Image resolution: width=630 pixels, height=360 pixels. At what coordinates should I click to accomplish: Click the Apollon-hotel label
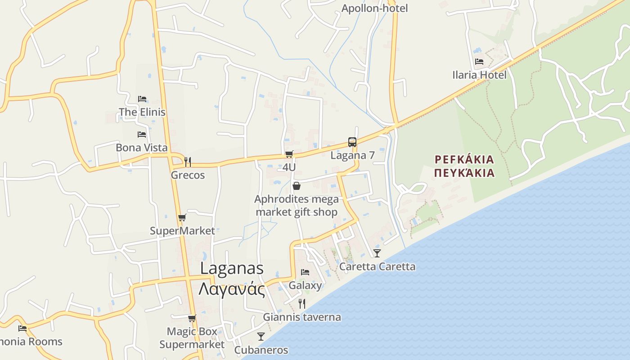click(374, 8)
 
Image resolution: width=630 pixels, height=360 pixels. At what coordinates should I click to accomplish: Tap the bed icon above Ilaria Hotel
click(479, 62)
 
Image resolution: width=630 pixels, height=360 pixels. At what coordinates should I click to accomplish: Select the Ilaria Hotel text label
click(479, 75)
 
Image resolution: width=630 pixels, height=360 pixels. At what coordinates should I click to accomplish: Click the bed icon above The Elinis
click(142, 99)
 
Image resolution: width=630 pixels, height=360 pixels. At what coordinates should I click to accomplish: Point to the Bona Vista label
click(141, 148)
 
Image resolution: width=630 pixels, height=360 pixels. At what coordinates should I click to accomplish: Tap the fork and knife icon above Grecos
click(188, 162)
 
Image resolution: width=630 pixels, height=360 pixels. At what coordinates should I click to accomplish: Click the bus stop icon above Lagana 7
click(352, 142)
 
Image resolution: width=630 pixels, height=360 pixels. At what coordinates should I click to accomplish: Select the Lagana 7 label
click(352, 155)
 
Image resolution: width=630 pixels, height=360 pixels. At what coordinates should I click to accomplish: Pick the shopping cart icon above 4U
click(289, 154)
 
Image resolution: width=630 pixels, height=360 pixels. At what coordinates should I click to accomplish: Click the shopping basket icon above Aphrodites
click(297, 186)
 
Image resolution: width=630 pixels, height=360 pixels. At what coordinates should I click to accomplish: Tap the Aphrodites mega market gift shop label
click(296, 205)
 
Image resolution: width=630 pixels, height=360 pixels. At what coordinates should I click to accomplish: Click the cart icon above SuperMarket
click(182, 218)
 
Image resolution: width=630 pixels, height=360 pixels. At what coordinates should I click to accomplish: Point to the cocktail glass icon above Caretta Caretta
click(377, 253)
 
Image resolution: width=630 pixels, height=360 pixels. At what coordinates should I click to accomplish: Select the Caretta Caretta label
click(377, 266)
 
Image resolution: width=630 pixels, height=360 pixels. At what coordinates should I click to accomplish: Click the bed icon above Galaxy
click(305, 272)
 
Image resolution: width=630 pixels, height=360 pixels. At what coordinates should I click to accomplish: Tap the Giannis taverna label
click(302, 317)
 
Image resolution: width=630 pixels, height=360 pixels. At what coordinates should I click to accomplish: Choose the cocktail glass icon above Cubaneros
click(261, 337)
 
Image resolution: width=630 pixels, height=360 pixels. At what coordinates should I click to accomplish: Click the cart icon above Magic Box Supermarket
click(192, 319)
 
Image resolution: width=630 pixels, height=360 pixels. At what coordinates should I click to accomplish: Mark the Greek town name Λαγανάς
click(232, 288)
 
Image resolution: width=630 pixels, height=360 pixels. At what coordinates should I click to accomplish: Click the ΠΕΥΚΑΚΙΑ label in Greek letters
click(465, 173)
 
